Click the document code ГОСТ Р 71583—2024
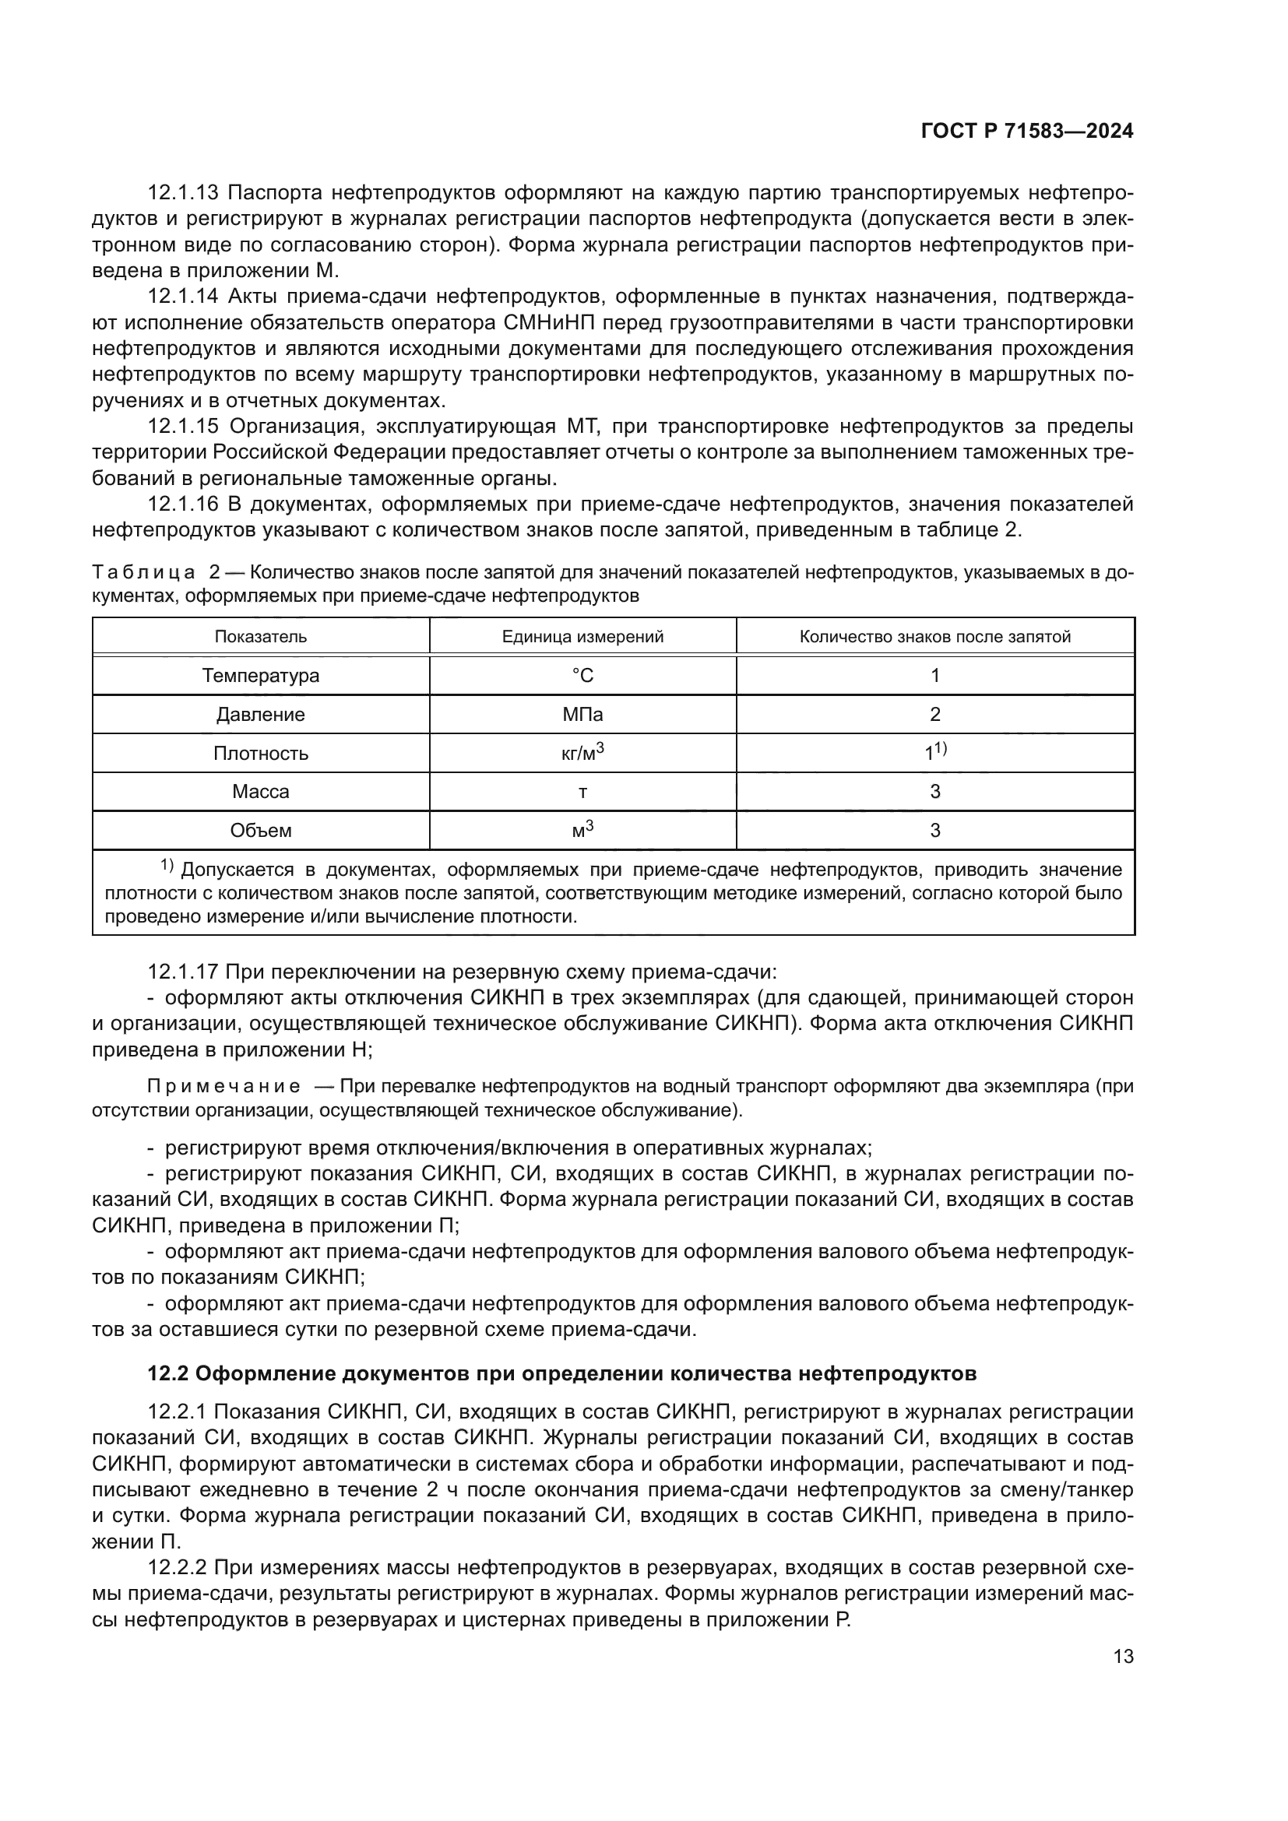click(x=1027, y=132)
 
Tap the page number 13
click(x=1123, y=1657)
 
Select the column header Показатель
click(x=261, y=636)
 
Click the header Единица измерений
click(x=583, y=636)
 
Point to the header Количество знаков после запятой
click(x=935, y=636)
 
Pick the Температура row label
click(x=261, y=676)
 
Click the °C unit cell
click(x=583, y=676)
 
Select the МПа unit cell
click(x=583, y=715)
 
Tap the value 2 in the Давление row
click(x=935, y=715)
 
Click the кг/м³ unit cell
click(x=583, y=753)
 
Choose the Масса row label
click(x=261, y=792)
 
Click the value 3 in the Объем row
click(x=935, y=831)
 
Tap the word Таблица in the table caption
click(x=143, y=572)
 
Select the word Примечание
click(x=224, y=1087)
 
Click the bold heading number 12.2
click(x=166, y=1373)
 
